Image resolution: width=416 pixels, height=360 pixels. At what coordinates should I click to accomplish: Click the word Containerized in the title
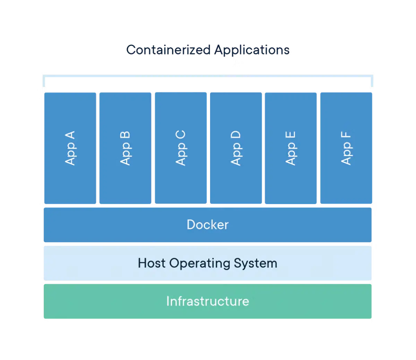tap(168, 50)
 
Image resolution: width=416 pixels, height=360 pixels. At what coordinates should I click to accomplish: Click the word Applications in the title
tap(252, 50)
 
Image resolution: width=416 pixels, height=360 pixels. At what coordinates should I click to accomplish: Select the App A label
tap(70, 148)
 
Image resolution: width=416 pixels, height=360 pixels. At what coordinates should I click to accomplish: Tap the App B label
tap(125, 148)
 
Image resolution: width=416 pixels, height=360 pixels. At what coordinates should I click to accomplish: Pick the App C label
tap(181, 148)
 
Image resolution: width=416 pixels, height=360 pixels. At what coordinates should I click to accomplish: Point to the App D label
tap(236, 148)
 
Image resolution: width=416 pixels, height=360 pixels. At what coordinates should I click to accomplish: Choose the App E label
tap(291, 148)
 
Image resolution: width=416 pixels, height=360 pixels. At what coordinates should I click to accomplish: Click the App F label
tap(346, 148)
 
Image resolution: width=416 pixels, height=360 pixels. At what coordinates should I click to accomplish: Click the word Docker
tap(207, 225)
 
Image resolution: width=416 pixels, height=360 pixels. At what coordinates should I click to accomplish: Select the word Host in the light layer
tap(151, 263)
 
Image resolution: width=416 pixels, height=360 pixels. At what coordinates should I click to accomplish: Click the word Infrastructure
tap(207, 301)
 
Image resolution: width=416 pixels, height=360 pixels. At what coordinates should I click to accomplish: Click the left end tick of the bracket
tap(43, 82)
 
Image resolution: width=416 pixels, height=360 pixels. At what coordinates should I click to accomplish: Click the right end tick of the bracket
tap(372, 82)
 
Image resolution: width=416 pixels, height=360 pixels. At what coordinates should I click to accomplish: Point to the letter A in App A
tap(70, 136)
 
